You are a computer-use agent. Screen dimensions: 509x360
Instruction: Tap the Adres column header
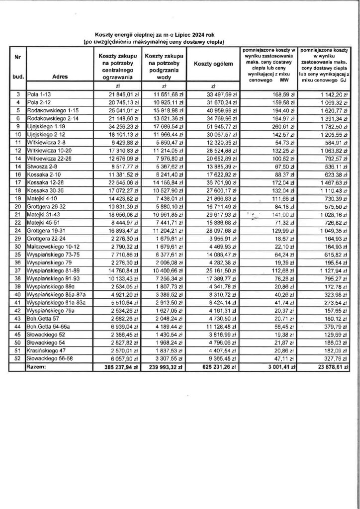coord(60,77)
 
